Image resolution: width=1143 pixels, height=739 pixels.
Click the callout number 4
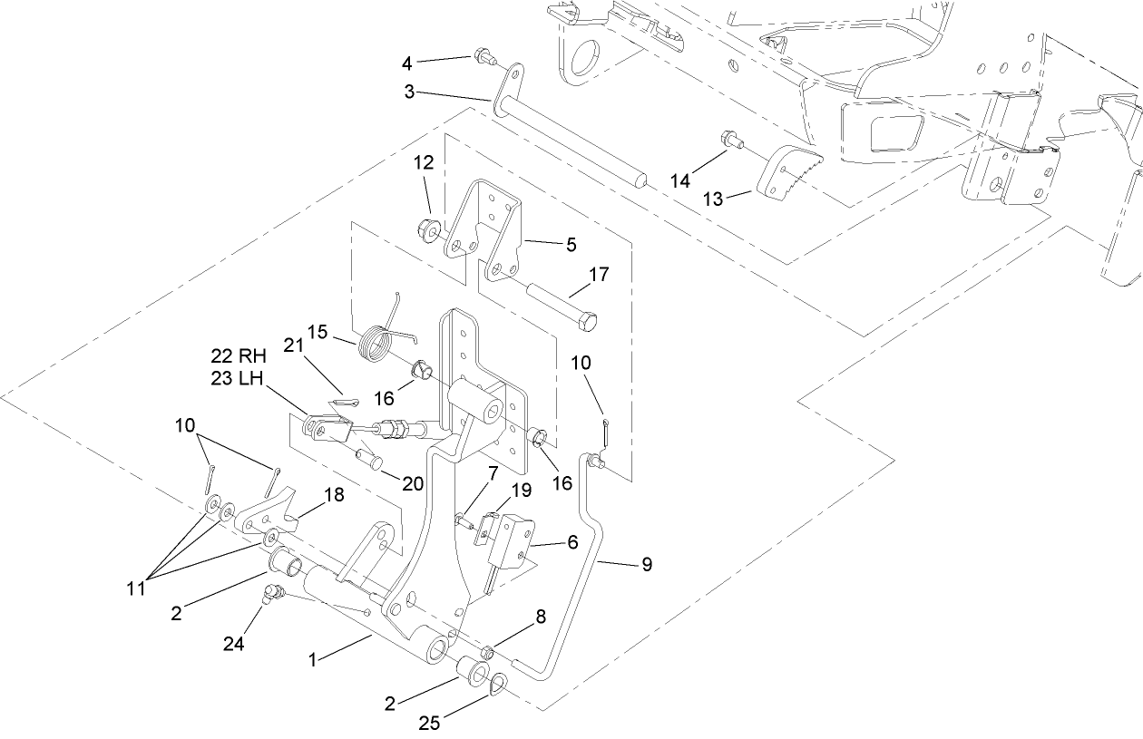407,63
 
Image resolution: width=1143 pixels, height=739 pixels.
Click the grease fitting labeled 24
273,594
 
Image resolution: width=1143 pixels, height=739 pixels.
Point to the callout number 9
646,564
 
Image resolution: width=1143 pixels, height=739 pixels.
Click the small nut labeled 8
486,651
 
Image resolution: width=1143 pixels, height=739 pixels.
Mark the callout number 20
413,484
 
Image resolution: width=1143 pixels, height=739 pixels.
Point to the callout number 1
313,660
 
